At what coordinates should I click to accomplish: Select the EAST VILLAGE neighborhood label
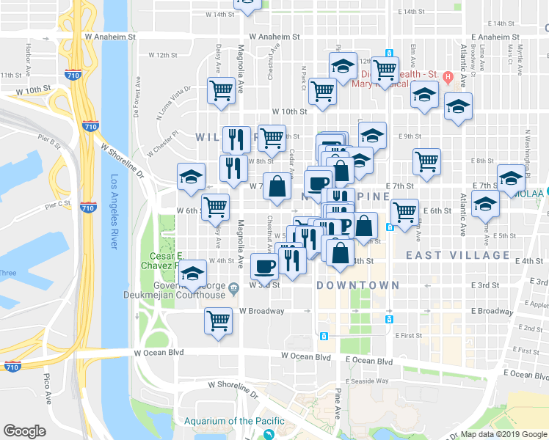coord(458,255)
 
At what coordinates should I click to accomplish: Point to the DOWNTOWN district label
coord(358,285)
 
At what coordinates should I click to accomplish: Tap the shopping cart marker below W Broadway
coord(219,320)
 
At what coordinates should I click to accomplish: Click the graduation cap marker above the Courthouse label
coord(192,274)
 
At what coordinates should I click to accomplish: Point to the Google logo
coord(25,431)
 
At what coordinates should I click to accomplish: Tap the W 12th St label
coord(163,55)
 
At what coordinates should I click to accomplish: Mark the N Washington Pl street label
coord(527,153)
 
